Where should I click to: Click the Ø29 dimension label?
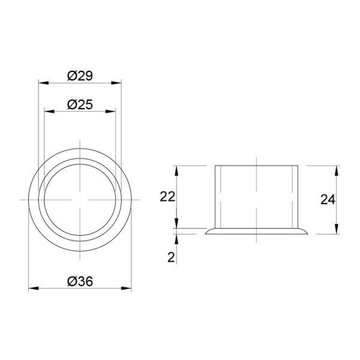(80, 76)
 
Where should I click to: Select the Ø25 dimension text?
(80, 104)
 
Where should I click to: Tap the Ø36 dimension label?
(80, 281)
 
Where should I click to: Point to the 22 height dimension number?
(167, 197)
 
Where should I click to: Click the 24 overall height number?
(328, 200)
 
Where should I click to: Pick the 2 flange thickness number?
(171, 257)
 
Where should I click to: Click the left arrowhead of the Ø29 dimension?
(44, 83)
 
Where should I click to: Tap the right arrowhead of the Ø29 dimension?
(116, 83)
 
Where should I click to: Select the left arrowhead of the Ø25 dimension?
(49, 112)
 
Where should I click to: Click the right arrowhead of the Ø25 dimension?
(110, 112)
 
